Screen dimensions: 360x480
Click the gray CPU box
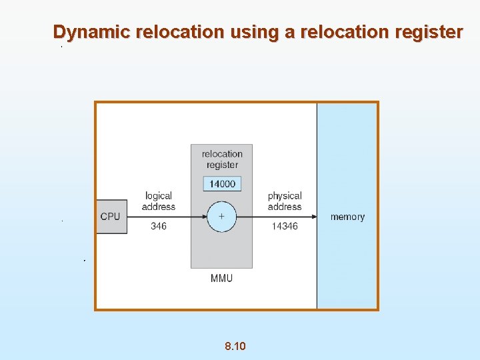click(x=111, y=217)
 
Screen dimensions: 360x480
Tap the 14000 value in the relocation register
click(x=222, y=183)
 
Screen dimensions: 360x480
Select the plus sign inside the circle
click(x=221, y=217)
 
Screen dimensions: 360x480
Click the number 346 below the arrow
click(x=159, y=226)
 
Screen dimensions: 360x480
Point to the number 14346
click(x=285, y=227)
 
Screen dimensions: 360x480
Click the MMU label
click(x=221, y=278)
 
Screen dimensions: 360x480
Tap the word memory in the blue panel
click(x=347, y=217)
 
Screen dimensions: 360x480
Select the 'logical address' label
click(x=159, y=201)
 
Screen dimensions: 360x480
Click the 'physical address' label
click(x=285, y=201)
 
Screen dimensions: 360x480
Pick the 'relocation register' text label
click(x=222, y=159)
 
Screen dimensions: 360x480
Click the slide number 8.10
click(x=235, y=346)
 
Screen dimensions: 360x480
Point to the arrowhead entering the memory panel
click(x=313, y=217)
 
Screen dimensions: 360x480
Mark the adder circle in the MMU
click(x=221, y=217)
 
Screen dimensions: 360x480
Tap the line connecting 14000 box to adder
click(x=222, y=196)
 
